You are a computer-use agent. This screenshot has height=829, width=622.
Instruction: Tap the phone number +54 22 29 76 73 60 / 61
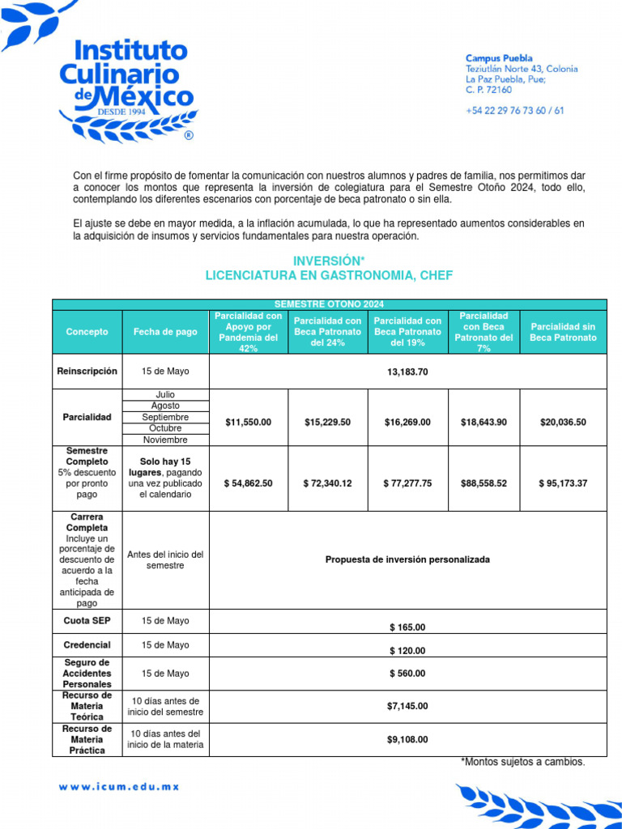coord(514,111)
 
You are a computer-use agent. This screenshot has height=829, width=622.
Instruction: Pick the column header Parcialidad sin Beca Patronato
coord(563,332)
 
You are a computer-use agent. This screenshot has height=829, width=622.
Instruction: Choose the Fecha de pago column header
coord(165,332)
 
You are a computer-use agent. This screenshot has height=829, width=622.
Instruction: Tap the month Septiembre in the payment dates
coord(165,417)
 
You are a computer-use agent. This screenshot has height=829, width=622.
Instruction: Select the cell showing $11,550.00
coord(249,422)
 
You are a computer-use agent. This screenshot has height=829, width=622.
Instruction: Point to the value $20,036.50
coord(563,422)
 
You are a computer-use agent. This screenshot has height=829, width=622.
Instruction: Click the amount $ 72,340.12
coord(328,483)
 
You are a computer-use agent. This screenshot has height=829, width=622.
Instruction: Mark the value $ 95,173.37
coord(563,483)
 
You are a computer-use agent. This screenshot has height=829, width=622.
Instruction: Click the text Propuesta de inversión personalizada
coord(407,560)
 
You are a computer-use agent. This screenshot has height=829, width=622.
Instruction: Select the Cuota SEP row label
coord(86,621)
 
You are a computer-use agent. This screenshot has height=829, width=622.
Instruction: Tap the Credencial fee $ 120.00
coord(407,651)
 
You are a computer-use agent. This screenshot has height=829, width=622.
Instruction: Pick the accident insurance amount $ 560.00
coord(407,674)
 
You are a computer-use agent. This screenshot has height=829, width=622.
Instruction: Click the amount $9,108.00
coord(407,739)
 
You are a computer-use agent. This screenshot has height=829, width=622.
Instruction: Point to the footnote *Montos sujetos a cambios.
coord(522,763)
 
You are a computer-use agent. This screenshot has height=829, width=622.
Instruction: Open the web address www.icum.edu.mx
coord(118,786)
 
